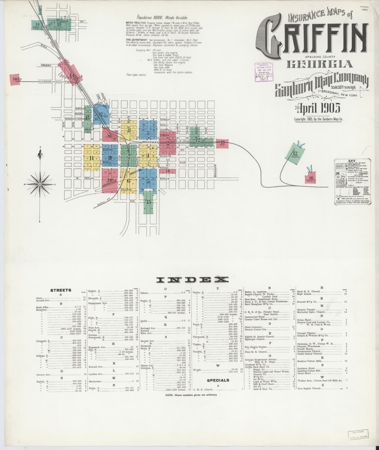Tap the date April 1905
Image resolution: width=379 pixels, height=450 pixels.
point(318,108)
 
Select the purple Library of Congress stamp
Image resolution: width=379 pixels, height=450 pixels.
point(264,72)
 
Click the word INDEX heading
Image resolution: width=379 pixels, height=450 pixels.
point(193,279)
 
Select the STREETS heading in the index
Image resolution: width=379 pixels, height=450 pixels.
point(61,290)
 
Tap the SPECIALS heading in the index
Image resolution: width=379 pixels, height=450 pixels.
point(218,380)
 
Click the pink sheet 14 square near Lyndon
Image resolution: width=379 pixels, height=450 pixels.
point(15,79)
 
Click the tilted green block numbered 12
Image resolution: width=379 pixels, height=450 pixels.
point(294,154)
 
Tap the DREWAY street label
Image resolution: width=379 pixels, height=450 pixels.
point(46,65)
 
